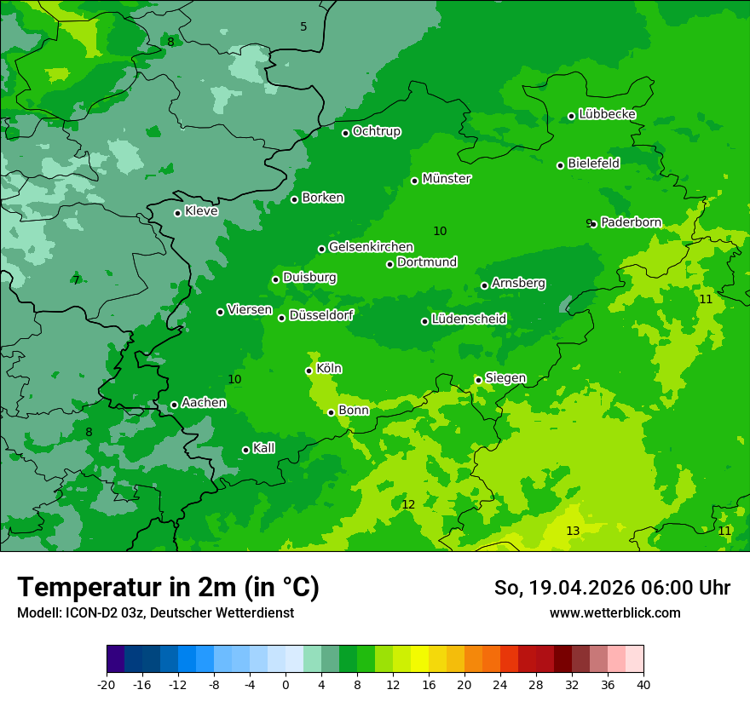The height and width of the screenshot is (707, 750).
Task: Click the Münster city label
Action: [446, 179]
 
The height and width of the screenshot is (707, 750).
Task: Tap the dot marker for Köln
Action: [309, 371]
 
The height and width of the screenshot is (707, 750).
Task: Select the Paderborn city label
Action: [631, 222]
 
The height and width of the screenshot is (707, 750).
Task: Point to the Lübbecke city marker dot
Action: [571, 116]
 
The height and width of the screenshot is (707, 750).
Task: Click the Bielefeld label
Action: [593, 163]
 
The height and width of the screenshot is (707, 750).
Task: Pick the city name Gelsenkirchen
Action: [371, 247]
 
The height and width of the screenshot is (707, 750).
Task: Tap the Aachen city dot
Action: [174, 405]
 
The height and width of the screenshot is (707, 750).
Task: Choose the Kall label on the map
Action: [263, 448]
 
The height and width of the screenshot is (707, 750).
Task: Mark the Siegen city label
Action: [505, 378]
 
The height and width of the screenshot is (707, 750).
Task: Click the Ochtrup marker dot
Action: [345, 132]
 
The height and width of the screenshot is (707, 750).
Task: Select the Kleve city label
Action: [201, 211]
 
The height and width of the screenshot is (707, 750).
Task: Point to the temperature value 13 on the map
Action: [573, 531]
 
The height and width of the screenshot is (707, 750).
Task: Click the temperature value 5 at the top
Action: [303, 27]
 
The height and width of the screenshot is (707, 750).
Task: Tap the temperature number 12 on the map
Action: [408, 504]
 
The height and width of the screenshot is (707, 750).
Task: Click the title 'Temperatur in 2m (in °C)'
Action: [168, 587]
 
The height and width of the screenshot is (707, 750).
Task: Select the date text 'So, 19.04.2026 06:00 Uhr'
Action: [612, 588]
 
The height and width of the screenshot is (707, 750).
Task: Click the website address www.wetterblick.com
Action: [614, 612]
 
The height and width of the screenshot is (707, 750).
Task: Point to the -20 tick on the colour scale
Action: [107, 684]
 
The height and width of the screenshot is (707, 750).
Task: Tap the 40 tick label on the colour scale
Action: [643, 684]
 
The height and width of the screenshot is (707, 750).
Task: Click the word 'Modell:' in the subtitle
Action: [37, 612]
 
